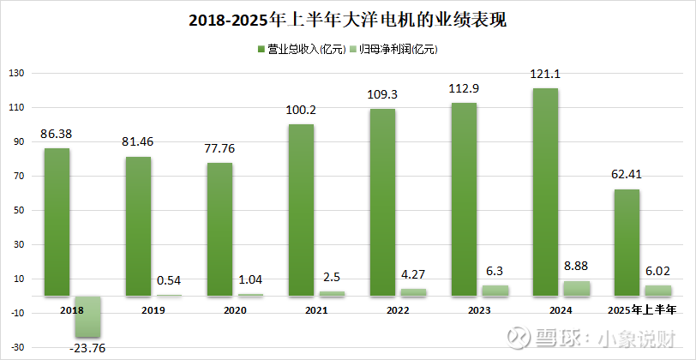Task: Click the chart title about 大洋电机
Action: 347,19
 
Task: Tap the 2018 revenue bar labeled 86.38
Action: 57,222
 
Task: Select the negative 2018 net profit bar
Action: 87,316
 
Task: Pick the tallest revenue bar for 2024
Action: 545,192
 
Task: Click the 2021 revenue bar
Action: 301,210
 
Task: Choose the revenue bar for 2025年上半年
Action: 627,243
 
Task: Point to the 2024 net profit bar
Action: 576,289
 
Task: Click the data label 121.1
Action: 545,78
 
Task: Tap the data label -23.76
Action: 87,347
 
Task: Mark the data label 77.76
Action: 219,147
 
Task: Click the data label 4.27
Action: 413,275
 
